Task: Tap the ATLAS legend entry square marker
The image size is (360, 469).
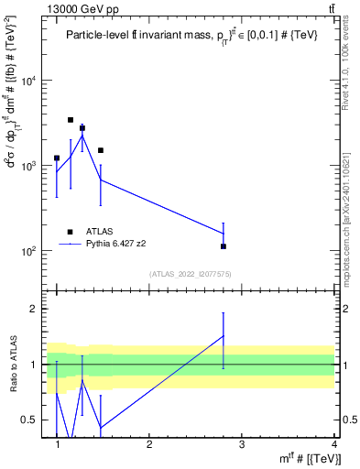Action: tap(70, 233)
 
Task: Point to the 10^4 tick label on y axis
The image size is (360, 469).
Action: tap(28, 81)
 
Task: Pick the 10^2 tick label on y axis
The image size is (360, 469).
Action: tap(28, 250)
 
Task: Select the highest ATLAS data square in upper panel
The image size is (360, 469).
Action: tap(71, 120)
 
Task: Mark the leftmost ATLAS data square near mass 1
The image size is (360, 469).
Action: tap(57, 158)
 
